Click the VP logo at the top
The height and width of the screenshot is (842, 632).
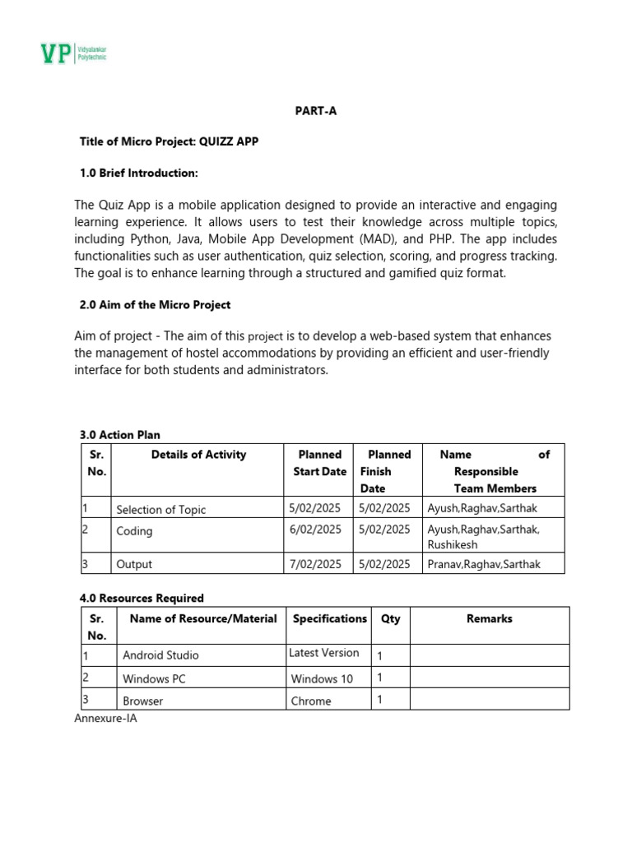coord(74,54)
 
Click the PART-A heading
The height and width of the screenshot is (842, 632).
coord(316,112)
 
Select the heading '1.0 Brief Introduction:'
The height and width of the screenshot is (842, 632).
coord(139,173)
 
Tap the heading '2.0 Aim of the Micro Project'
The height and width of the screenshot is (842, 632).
coord(155,304)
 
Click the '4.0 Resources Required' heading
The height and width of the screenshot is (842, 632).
coord(142,598)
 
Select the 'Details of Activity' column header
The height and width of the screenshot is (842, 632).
coord(198,454)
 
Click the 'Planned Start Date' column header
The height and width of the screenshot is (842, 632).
coord(319,463)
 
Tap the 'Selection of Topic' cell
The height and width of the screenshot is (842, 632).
coord(161,510)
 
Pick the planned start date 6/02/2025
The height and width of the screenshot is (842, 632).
coord(315,530)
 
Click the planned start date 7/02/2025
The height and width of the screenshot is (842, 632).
coord(315,564)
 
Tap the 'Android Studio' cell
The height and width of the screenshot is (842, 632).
coord(160,655)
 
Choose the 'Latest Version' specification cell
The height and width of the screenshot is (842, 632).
coord(324,653)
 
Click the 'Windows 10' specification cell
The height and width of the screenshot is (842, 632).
coord(322,678)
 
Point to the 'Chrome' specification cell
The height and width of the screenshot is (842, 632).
coord(311,701)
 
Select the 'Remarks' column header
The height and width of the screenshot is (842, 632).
coord(489,618)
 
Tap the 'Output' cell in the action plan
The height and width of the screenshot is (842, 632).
coord(134,565)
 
